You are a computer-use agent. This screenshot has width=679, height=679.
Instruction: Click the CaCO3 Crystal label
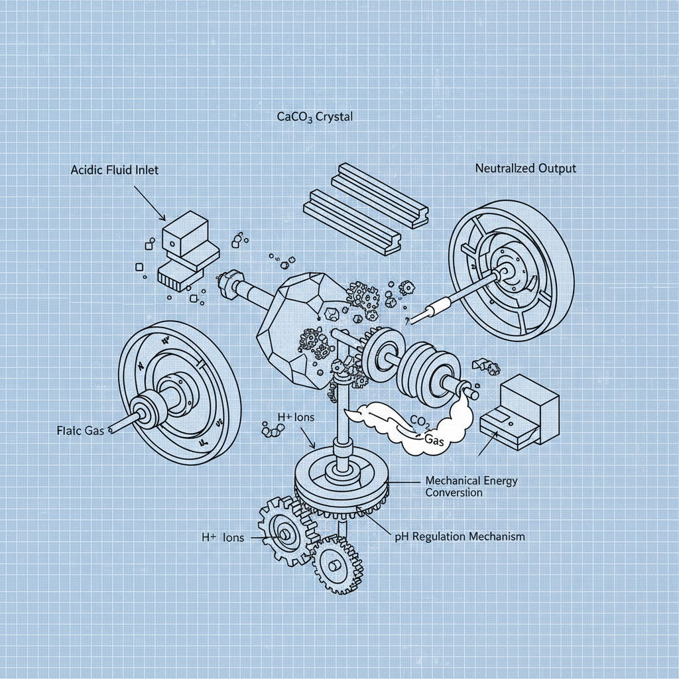click(x=314, y=117)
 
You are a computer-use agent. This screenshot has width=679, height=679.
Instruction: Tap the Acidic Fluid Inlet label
click(x=115, y=170)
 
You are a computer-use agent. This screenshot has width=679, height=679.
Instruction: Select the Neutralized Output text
click(x=525, y=168)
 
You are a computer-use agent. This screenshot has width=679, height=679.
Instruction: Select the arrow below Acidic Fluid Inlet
click(x=150, y=203)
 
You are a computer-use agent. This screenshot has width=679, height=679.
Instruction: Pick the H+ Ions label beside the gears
click(x=222, y=538)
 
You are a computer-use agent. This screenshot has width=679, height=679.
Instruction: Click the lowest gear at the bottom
click(x=336, y=564)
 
